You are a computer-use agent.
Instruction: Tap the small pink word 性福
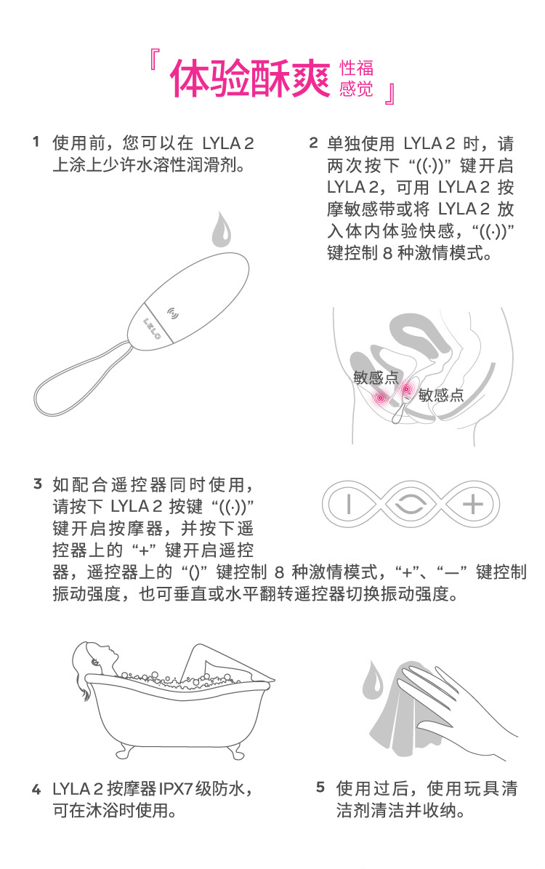[356, 68]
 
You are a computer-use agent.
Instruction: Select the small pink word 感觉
[356, 89]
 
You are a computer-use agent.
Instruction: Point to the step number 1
[36, 142]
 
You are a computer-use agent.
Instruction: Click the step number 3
[38, 484]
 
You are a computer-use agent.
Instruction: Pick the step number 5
[320, 787]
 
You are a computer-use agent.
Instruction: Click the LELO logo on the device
[152, 328]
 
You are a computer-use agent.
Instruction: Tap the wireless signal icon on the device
[173, 313]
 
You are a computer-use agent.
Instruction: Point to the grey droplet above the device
[222, 228]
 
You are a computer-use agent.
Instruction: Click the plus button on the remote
[472, 505]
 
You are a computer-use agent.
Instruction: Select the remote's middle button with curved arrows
[411, 505]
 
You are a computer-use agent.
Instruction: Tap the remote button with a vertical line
[348, 505]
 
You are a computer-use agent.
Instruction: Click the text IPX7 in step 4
[176, 788]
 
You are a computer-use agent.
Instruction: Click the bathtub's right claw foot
[235, 752]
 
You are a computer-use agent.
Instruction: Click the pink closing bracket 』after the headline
[390, 95]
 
